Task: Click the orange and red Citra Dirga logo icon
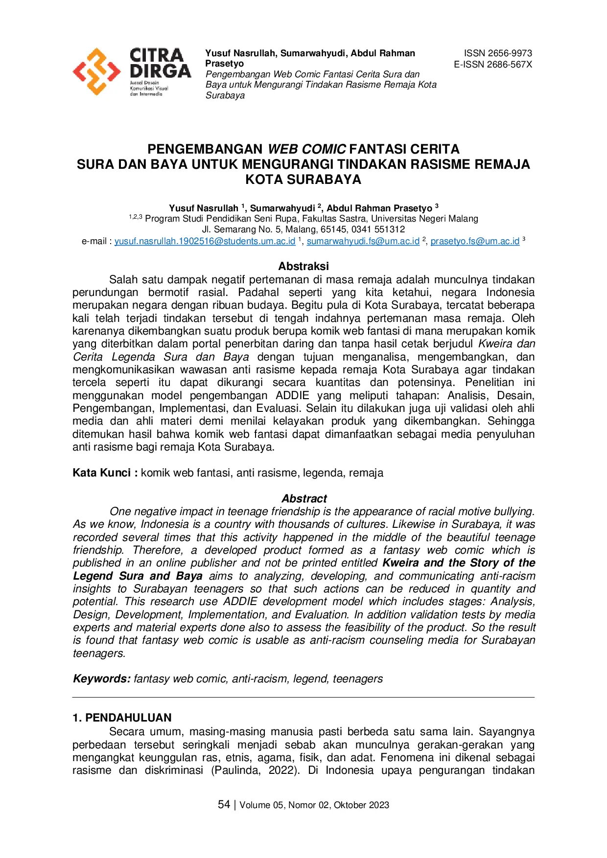click(x=96, y=71)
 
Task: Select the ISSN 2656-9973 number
click(x=498, y=53)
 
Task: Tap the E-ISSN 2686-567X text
click(x=492, y=64)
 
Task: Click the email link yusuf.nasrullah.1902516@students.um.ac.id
click(x=205, y=241)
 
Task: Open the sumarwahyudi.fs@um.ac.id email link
click(x=363, y=241)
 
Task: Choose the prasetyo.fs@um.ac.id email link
click(x=475, y=241)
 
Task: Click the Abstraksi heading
click(x=303, y=267)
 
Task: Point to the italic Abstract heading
click(x=304, y=498)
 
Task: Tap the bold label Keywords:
click(x=102, y=679)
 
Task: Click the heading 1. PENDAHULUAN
click(x=122, y=718)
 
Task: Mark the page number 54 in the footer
click(x=224, y=805)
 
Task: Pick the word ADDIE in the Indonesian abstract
click(x=292, y=395)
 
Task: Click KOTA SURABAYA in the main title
click(x=303, y=180)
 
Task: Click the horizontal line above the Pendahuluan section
click(x=303, y=698)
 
